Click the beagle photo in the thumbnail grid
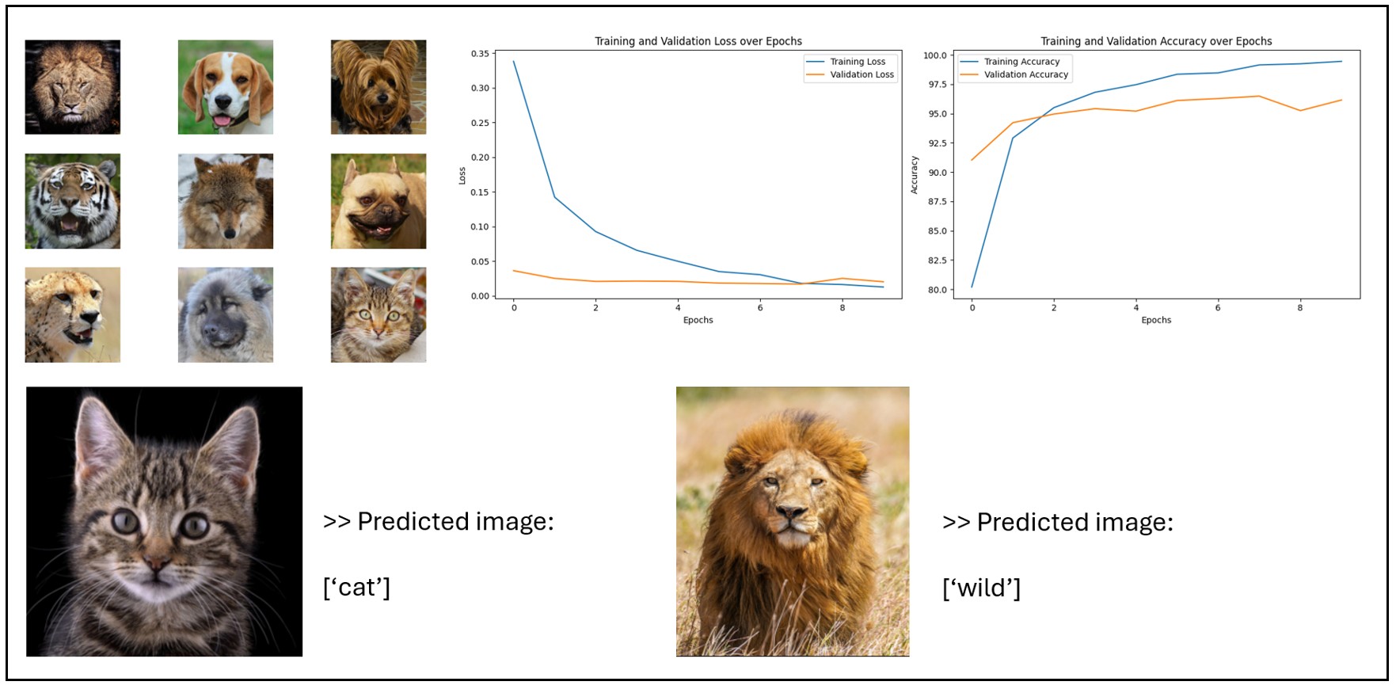pos(226,87)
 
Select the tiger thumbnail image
pos(73,201)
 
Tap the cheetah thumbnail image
pos(73,314)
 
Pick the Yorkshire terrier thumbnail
pos(378,87)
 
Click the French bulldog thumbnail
pos(378,201)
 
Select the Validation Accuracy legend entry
pos(1014,74)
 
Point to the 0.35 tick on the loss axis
pos(480,54)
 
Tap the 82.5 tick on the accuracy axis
pos(937,261)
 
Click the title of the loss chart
pos(698,41)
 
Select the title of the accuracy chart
pos(1156,41)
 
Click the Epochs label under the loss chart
pos(698,320)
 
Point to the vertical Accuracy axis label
pos(914,175)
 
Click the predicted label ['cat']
pos(356,588)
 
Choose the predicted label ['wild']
pos(981,588)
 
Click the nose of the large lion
pos(791,512)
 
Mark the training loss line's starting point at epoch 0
pos(513,61)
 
